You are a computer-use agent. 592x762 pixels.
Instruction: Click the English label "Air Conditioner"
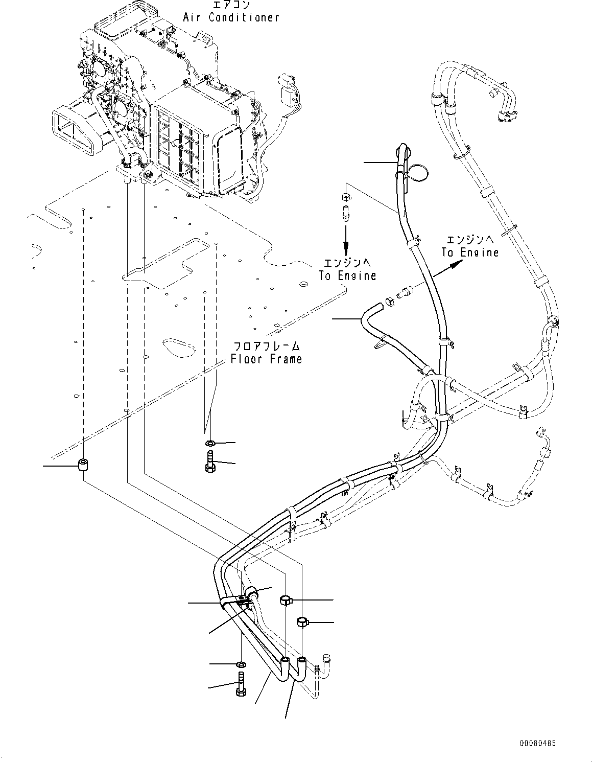click(x=231, y=17)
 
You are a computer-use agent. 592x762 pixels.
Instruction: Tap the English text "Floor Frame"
click(x=266, y=359)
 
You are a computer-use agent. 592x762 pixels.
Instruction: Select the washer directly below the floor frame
click(x=210, y=442)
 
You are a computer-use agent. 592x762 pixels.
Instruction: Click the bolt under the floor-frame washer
click(x=210, y=461)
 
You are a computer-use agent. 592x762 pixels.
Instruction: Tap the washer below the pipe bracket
click(x=241, y=664)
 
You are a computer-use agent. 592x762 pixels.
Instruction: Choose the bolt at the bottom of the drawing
click(x=241, y=684)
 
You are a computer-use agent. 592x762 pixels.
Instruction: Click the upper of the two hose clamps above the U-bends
click(x=286, y=600)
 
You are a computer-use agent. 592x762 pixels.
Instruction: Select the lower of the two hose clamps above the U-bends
click(x=302, y=622)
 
